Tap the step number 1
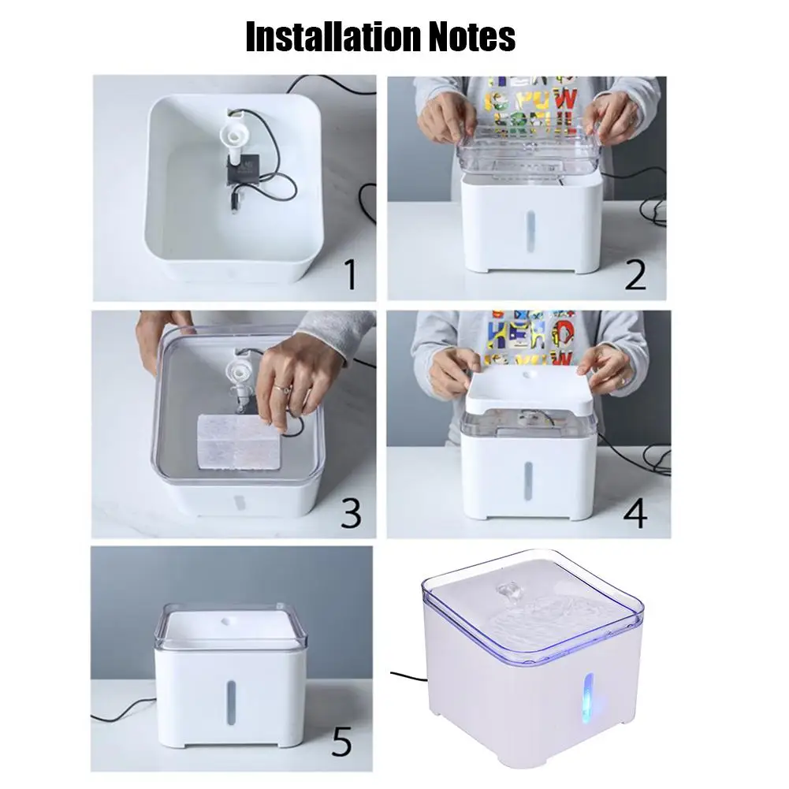[350, 275]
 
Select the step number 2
[635, 274]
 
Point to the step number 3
[350, 512]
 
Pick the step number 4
[635, 512]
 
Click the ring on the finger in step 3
[282, 387]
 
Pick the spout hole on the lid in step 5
[230, 621]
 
